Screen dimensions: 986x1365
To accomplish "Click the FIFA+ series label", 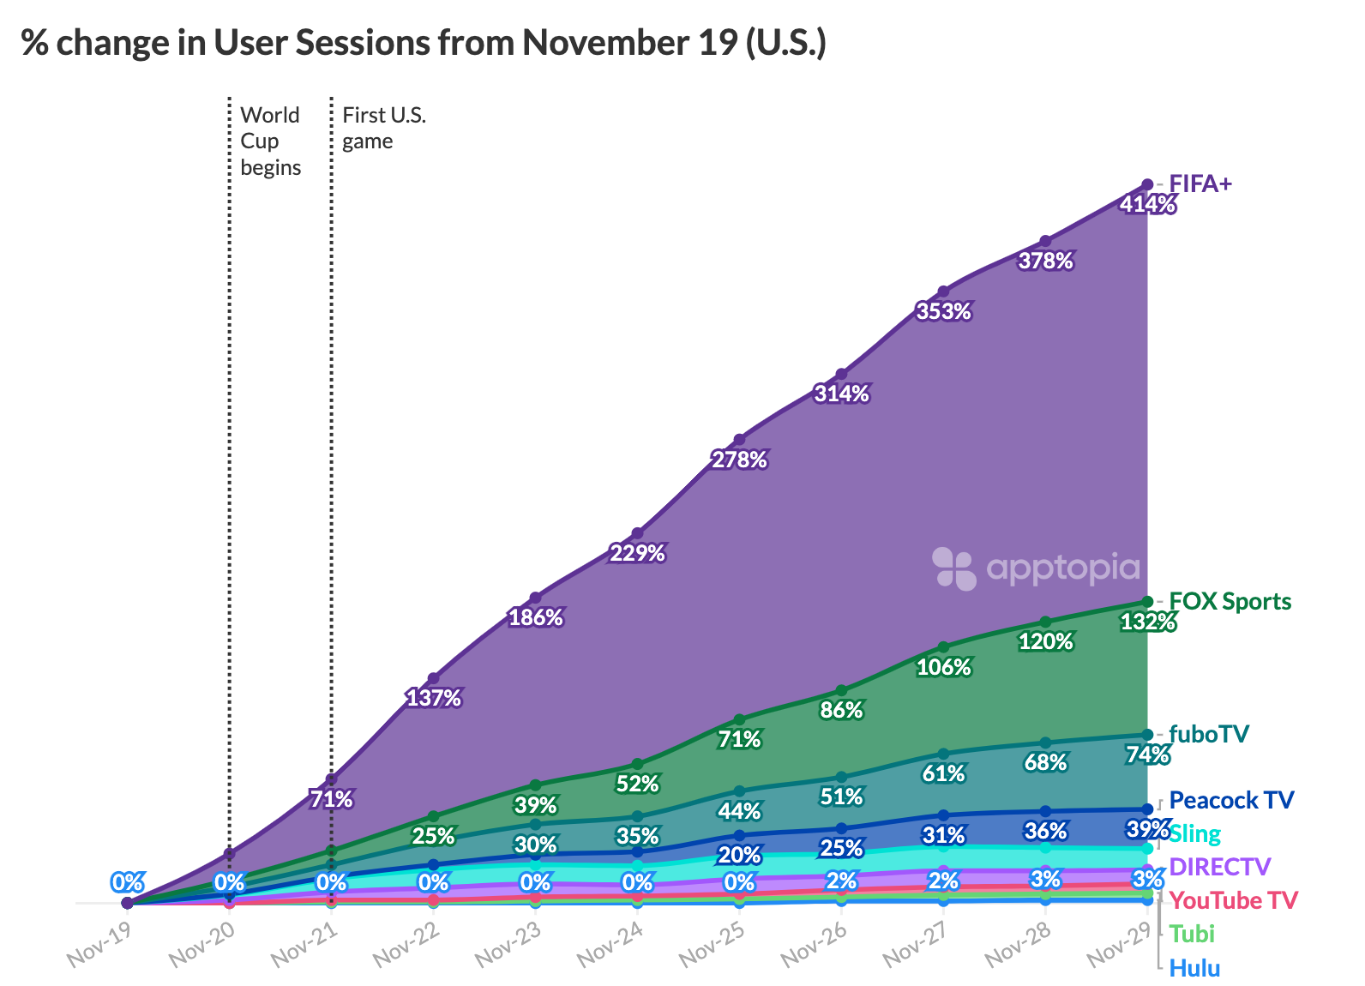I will coord(1200,183).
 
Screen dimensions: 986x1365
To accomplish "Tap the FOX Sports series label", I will coord(1230,601).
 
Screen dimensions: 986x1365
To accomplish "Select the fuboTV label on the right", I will coord(1209,734).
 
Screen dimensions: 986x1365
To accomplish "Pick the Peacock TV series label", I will coord(1231,800).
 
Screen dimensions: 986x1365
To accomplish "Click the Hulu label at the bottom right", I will coord(1194,968).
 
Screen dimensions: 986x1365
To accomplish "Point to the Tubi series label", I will coord(1192,934).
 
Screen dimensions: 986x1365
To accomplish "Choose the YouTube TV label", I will coord(1233,900).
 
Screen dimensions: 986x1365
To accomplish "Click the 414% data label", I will coord(1147,205).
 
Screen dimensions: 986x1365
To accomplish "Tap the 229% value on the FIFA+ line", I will coord(637,553).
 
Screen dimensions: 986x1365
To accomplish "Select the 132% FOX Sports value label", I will coord(1147,622).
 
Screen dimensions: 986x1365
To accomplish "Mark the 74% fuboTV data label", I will coord(1147,755).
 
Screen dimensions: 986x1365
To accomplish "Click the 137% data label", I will coord(433,698).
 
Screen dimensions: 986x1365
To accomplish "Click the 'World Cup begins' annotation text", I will coord(270,141).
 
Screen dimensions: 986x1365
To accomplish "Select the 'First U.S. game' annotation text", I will coord(383,128).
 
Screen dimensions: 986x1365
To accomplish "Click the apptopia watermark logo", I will coord(1036,568).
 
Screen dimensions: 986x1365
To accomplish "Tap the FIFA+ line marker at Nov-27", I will coord(943,291).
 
